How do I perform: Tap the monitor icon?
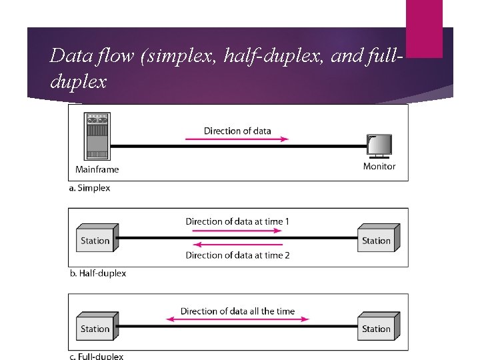click(379, 146)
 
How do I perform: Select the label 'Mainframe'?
click(97, 169)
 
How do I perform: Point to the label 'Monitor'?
click(379, 167)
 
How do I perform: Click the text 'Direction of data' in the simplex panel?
click(237, 131)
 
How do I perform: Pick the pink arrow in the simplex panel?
click(237, 139)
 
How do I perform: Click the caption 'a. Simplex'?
click(90, 188)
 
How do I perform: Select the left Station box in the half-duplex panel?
click(97, 239)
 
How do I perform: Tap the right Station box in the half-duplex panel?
click(378, 239)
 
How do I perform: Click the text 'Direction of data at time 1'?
click(237, 221)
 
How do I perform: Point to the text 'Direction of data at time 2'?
click(237, 255)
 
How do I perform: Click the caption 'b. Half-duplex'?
click(98, 273)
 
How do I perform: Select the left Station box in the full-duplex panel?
click(97, 327)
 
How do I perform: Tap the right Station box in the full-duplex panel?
click(378, 327)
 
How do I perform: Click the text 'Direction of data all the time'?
click(237, 311)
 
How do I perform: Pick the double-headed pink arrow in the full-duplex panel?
click(237, 320)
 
